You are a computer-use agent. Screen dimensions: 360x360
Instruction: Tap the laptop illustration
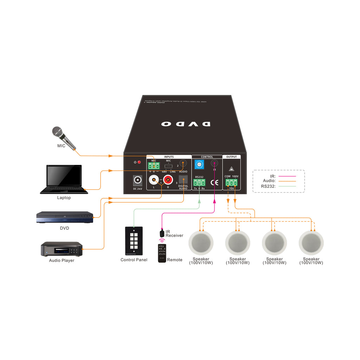click(x=64, y=179)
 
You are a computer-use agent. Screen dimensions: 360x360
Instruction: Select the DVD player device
click(x=65, y=217)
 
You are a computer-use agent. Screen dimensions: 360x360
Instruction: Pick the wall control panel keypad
click(x=134, y=241)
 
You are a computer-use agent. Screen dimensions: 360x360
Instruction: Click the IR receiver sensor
click(x=161, y=233)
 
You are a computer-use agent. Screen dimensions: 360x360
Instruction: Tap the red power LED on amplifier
click(x=139, y=162)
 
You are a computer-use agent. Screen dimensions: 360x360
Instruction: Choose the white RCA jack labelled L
click(x=154, y=180)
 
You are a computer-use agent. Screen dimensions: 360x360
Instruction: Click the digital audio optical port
click(x=183, y=180)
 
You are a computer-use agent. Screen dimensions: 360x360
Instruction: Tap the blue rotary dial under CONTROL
click(x=199, y=165)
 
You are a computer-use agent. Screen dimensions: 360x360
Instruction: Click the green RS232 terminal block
click(x=199, y=182)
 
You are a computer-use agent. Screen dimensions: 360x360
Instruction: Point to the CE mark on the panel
click(x=214, y=182)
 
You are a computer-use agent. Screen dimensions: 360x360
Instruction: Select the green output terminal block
click(x=231, y=182)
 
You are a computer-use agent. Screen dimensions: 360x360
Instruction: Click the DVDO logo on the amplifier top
click(x=186, y=124)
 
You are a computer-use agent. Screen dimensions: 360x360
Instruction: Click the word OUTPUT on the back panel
click(x=232, y=157)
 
